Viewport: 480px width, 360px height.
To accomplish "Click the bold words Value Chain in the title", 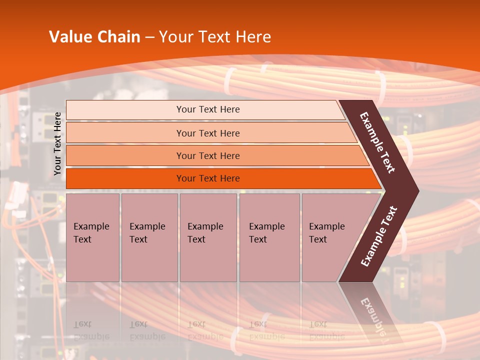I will click(x=94, y=37).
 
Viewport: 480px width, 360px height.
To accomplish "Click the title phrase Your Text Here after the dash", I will click(x=215, y=37).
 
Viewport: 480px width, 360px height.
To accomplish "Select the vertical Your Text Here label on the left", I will click(x=58, y=144).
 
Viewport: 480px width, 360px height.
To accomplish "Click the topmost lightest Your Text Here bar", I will click(x=207, y=109).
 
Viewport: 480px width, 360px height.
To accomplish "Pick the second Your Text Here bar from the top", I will click(x=207, y=133).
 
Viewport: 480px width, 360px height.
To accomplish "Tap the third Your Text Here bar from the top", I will click(x=207, y=155).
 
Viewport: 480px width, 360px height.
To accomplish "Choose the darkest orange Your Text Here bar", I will click(x=207, y=178).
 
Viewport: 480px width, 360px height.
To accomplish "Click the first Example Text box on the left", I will click(x=92, y=237).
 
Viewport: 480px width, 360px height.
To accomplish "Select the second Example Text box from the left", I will click(x=149, y=237).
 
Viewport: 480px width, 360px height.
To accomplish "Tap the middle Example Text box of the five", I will click(x=208, y=237).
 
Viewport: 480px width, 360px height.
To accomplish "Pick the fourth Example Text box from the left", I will click(x=269, y=237).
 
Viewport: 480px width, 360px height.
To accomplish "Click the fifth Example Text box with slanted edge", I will click(x=330, y=237).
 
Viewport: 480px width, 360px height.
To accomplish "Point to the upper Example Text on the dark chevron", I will click(x=377, y=142).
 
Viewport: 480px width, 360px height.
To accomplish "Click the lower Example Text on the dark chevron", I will click(x=379, y=236).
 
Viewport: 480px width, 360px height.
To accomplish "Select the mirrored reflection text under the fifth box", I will click(x=326, y=330).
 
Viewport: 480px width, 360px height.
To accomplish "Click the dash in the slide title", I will click(x=149, y=37).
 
